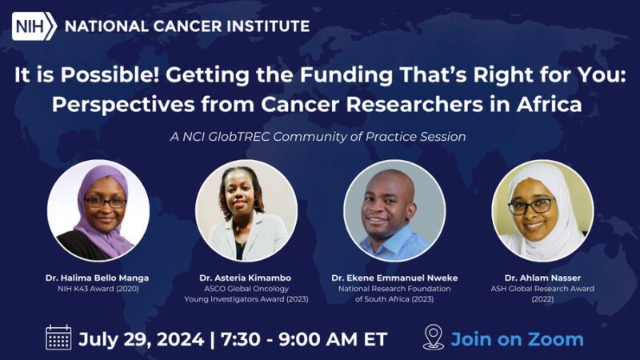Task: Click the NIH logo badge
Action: pos(33,26)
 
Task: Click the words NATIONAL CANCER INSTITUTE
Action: pos(186,26)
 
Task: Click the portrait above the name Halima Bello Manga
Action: pos(98,210)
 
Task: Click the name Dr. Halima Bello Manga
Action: pos(97,278)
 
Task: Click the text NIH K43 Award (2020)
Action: pos(97,288)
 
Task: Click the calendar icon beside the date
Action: pos(58,338)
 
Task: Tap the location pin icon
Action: pos(433,338)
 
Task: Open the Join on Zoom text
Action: pos(517,338)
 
